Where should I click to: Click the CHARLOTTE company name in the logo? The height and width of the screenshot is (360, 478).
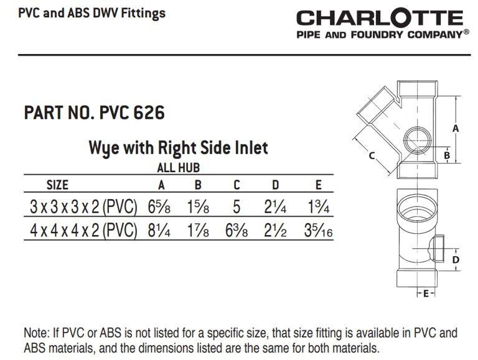380,17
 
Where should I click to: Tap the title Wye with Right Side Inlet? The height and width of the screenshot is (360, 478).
178,148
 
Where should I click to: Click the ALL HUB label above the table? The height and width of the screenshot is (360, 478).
178,168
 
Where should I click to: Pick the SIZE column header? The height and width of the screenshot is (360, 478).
57,184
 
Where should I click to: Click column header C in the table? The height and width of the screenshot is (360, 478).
237,184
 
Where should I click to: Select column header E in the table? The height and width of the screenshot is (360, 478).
319,184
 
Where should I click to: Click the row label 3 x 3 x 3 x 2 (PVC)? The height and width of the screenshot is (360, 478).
83,206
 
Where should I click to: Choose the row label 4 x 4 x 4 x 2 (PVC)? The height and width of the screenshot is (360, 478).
83,230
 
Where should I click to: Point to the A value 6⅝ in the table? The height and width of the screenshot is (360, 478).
160,206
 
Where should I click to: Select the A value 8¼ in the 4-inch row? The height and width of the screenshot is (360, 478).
160,230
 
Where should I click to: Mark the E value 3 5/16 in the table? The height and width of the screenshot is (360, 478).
317,230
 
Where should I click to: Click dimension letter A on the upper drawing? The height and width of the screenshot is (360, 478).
456,129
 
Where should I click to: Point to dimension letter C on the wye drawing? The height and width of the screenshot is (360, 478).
372,155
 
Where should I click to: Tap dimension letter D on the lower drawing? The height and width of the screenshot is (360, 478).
456,259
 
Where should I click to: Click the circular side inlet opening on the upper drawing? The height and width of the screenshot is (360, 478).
416,140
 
